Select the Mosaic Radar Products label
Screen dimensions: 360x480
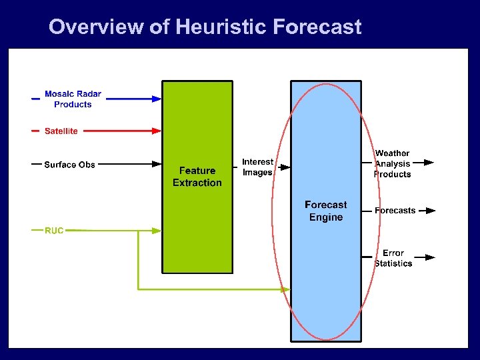click(x=73, y=99)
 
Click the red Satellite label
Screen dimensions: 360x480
click(x=61, y=131)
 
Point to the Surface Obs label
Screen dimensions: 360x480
click(x=69, y=165)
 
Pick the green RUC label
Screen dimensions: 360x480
click(x=54, y=231)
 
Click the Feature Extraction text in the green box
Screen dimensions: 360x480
click(x=197, y=177)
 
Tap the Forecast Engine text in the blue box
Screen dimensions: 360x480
click(x=326, y=211)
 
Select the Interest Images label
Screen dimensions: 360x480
click(x=257, y=167)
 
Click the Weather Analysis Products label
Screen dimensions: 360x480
click(x=392, y=163)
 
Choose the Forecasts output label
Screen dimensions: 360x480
click(x=395, y=211)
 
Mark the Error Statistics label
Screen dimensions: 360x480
click(x=393, y=258)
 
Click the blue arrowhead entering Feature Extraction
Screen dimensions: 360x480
click(x=157, y=99)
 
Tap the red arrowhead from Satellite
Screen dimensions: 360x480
click(x=157, y=131)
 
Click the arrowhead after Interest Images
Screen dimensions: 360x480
click(x=285, y=169)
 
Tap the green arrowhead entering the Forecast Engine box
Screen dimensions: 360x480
click(x=286, y=289)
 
